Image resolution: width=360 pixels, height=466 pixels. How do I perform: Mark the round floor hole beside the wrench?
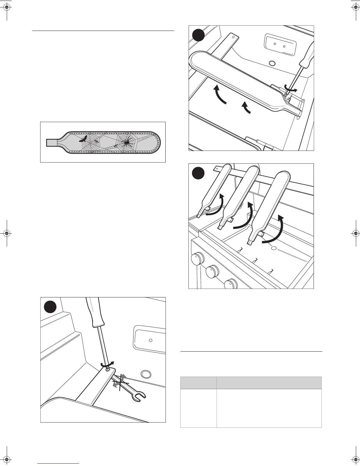point(145,374)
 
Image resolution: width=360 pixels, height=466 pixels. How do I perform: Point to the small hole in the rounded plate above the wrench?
point(150,340)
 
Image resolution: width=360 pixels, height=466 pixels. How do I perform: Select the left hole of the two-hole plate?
point(275,44)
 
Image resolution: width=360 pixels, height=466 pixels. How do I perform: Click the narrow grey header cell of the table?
point(198,383)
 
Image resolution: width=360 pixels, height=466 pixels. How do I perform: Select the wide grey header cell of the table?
point(269,383)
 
